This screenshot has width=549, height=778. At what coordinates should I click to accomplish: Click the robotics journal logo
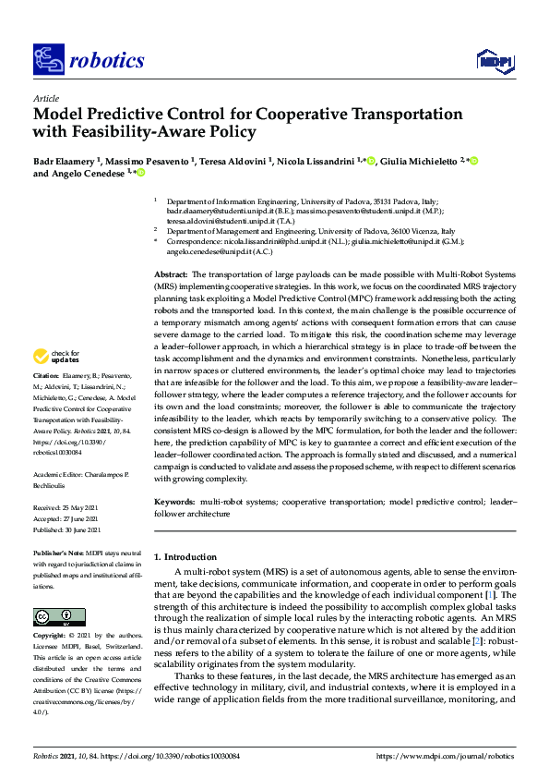click(x=88, y=61)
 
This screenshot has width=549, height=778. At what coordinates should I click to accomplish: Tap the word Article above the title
click(x=45, y=98)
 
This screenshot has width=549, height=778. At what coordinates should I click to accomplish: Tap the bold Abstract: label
click(x=170, y=275)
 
